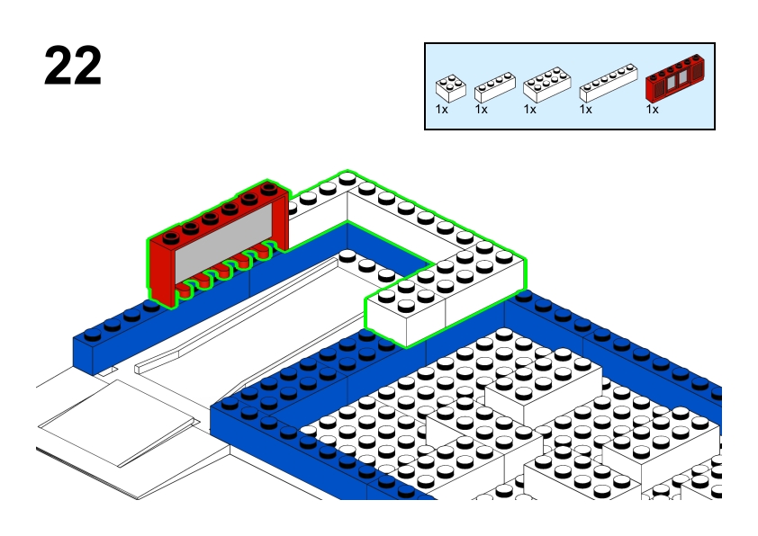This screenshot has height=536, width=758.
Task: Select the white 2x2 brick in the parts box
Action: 450,87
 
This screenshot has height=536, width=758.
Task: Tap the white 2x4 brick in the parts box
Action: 546,85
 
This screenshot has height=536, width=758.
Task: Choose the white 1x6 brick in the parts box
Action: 609,83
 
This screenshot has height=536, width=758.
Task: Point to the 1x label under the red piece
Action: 652,109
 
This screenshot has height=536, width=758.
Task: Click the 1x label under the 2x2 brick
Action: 442,109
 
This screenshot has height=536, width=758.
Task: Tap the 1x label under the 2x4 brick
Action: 529,109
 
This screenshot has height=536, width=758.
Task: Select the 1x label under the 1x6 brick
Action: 585,109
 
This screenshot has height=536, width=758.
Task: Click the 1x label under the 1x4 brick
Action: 481,109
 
